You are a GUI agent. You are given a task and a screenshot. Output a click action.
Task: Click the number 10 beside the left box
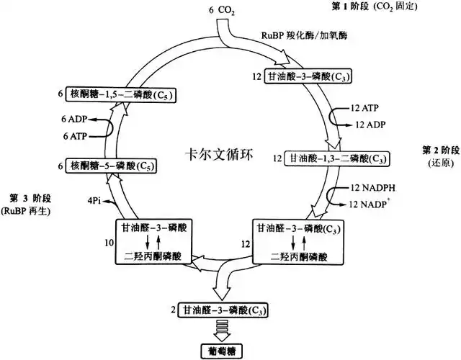pyautogui.click(x=109, y=243)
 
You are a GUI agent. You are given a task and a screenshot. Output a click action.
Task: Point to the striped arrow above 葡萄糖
pyautogui.click(x=220, y=329)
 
